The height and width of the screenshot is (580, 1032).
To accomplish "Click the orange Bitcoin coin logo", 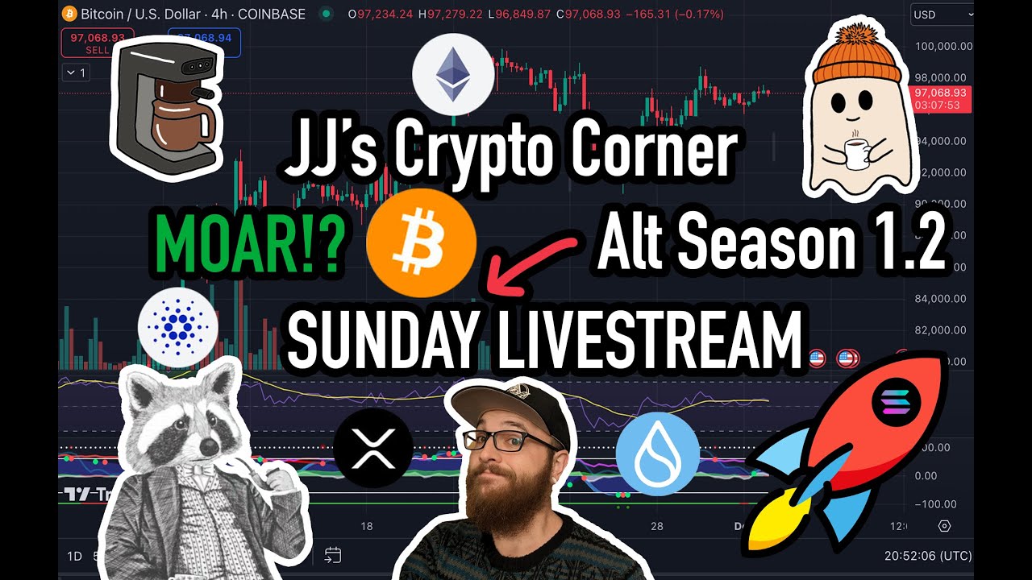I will (421, 243).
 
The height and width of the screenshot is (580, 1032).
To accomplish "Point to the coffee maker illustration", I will (167, 108).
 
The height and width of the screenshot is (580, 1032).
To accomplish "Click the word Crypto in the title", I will (495, 152).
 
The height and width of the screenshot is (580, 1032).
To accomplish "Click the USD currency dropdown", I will (941, 14).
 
